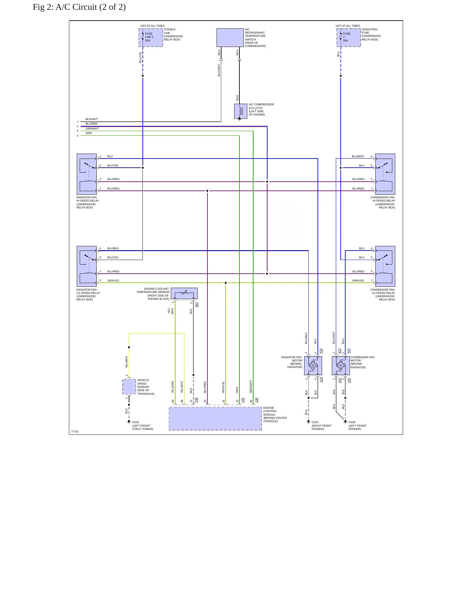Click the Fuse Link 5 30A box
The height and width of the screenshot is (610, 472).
pos(151,38)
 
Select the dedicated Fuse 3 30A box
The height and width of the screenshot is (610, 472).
pos(349,38)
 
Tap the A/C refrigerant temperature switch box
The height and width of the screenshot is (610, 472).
pos(230,38)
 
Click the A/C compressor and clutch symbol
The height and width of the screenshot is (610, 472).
pos(241,111)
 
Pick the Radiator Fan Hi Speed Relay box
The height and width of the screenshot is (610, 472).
pos(87,174)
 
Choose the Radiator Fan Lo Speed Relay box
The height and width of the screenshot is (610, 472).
pos(87,266)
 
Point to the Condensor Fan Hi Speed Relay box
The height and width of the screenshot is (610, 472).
pos(385,174)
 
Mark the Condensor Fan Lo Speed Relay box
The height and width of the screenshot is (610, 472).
pos(385,266)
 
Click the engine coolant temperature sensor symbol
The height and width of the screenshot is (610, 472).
pos(184,293)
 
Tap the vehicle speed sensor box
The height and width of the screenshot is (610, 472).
pos(129,387)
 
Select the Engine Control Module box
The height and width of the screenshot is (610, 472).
pos(215,419)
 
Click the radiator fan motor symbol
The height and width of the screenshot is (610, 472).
pos(313,365)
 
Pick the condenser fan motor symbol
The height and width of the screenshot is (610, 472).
pos(341,365)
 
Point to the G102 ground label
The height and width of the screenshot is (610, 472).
pos(136,422)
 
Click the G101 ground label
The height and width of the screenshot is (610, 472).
pos(315,422)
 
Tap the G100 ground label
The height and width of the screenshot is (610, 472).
pos(352,422)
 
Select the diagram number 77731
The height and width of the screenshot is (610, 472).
pos(75,432)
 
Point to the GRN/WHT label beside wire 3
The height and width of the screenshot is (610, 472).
pos(92,129)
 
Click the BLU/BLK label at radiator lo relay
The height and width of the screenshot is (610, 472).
pos(113,248)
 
